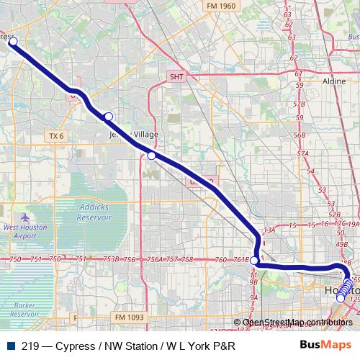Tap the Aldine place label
pos(334,82)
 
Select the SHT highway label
pos(177,76)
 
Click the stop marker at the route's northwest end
pos(13,42)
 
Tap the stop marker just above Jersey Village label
pos(109,117)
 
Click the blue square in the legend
pos(10,346)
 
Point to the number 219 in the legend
pos(30,346)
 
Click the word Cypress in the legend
pos(81,346)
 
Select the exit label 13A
pos(270,230)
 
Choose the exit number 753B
pos(111,259)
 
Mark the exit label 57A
pos(302,153)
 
